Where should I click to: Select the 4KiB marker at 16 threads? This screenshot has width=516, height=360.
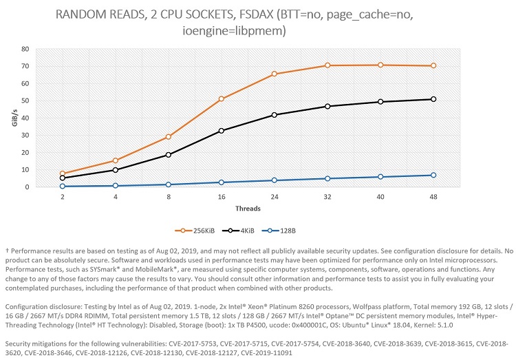(222, 131)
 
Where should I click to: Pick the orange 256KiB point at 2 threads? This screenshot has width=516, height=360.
(63, 173)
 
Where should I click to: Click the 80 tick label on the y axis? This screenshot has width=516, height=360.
(25, 49)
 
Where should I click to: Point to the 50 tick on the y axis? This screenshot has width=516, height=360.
(25, 100)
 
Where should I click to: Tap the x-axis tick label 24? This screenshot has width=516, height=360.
(275, 196)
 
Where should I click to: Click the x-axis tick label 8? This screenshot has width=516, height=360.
(169, 196)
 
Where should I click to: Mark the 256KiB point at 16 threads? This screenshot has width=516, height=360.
(222, 99)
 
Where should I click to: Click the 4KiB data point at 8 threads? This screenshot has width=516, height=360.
(169, 155)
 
